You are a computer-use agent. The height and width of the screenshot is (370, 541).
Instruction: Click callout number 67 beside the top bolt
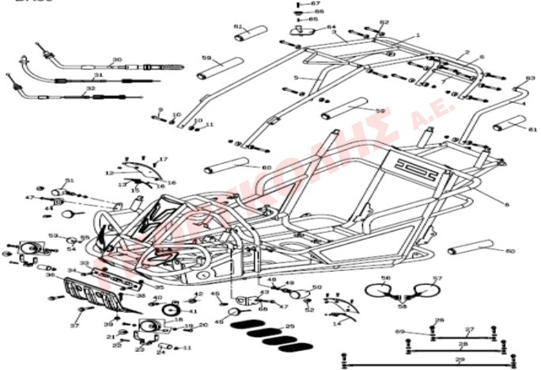(317, 4)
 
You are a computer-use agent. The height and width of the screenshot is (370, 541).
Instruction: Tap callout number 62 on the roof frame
(384, 22)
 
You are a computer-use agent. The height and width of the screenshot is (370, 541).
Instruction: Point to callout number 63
(530, 78)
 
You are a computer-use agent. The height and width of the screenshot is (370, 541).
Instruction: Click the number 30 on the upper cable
(117, 60)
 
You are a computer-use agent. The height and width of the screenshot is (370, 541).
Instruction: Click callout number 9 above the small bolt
(160, 110)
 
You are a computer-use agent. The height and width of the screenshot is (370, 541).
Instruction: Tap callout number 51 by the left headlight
(70, 181)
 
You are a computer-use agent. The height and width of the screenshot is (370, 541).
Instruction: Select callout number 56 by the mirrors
(386, 279)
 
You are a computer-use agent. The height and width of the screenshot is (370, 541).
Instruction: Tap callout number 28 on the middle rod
(463, 345)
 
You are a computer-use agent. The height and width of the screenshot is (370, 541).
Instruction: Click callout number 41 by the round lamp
(193, 311)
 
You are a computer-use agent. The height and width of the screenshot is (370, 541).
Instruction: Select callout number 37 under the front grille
(75, 326)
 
